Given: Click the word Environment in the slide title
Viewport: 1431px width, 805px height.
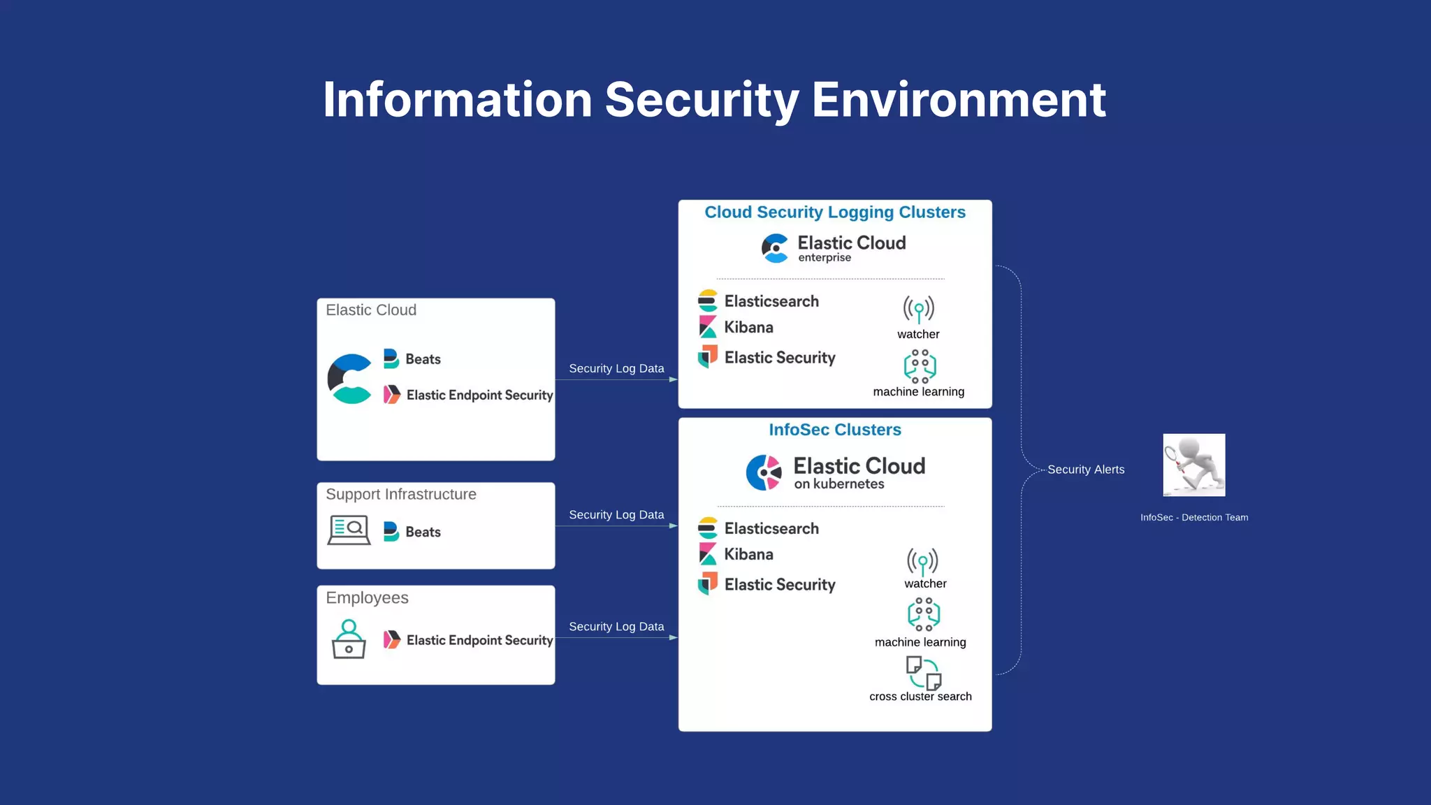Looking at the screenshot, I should [x=959, y=100].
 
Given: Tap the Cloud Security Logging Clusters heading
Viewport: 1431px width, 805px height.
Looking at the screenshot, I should [x=835, y=212].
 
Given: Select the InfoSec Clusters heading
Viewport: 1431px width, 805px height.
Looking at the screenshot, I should [x=835, y=430].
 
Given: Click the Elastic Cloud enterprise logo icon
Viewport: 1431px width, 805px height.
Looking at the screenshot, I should [x=775, y=248].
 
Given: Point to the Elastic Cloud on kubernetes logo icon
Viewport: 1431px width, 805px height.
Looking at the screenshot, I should [x=764, y=472].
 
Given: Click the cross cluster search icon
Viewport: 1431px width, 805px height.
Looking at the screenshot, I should [x=923, y=672].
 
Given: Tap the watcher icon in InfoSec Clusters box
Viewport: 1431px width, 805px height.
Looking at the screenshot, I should [x=922, y=561].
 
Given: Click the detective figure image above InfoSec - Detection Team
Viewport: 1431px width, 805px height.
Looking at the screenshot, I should [x=1193, y=465].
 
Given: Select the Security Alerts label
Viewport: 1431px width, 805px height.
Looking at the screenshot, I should [x=1086, y=470].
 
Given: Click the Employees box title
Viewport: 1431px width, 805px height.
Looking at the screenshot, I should [x=367, y=598].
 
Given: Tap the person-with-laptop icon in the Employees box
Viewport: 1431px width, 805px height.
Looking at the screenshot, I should [x=349, y=639].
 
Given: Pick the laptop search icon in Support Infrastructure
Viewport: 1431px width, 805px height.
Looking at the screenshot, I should [x=349, y=530].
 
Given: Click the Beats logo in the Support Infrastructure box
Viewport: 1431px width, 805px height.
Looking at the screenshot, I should [x=391, y=532].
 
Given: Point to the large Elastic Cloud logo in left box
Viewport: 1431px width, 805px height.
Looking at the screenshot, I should [x=350, y=379].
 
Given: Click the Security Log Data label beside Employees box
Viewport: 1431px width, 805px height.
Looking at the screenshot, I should [x=616, y=627].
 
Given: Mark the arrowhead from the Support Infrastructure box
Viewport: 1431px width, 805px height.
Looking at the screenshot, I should [x=673, y=525].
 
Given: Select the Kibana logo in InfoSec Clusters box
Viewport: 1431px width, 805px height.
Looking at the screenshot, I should [x=708, y=554].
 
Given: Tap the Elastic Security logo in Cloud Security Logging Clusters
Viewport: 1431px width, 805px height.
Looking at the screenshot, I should [x=708, y=356].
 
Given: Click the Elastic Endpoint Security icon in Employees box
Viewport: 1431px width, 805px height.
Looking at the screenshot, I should [x=392, y=639].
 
